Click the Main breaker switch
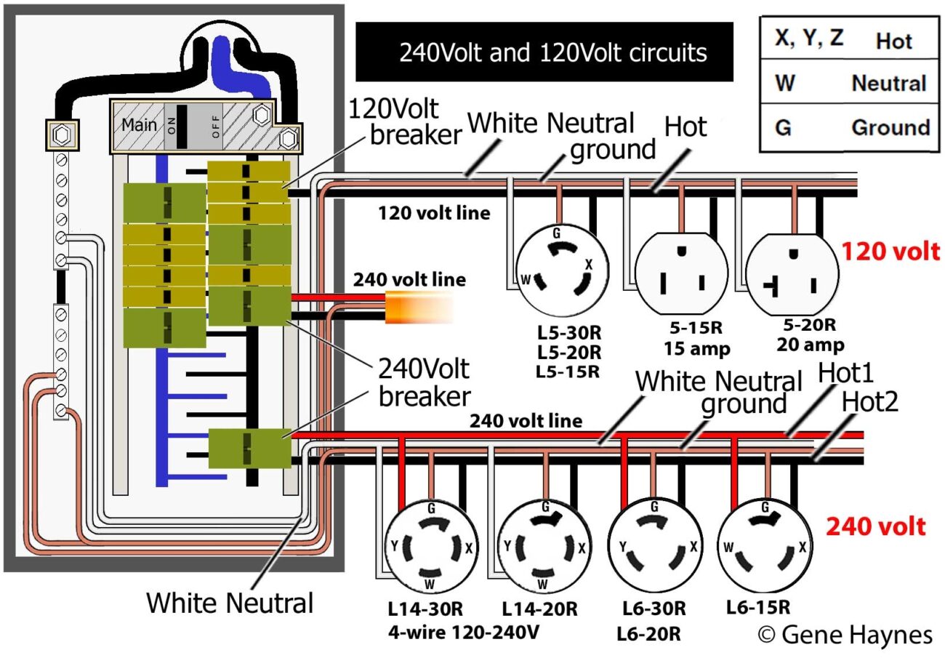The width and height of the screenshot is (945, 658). tap(191, 126)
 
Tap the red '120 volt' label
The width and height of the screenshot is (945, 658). tap(890, 252)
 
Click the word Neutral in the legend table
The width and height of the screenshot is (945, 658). tap(888, 83)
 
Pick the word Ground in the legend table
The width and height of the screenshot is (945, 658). tap(890, 127)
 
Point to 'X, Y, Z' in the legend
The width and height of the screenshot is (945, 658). tap(808, 39)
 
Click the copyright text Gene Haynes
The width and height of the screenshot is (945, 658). tap(845, 634)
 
